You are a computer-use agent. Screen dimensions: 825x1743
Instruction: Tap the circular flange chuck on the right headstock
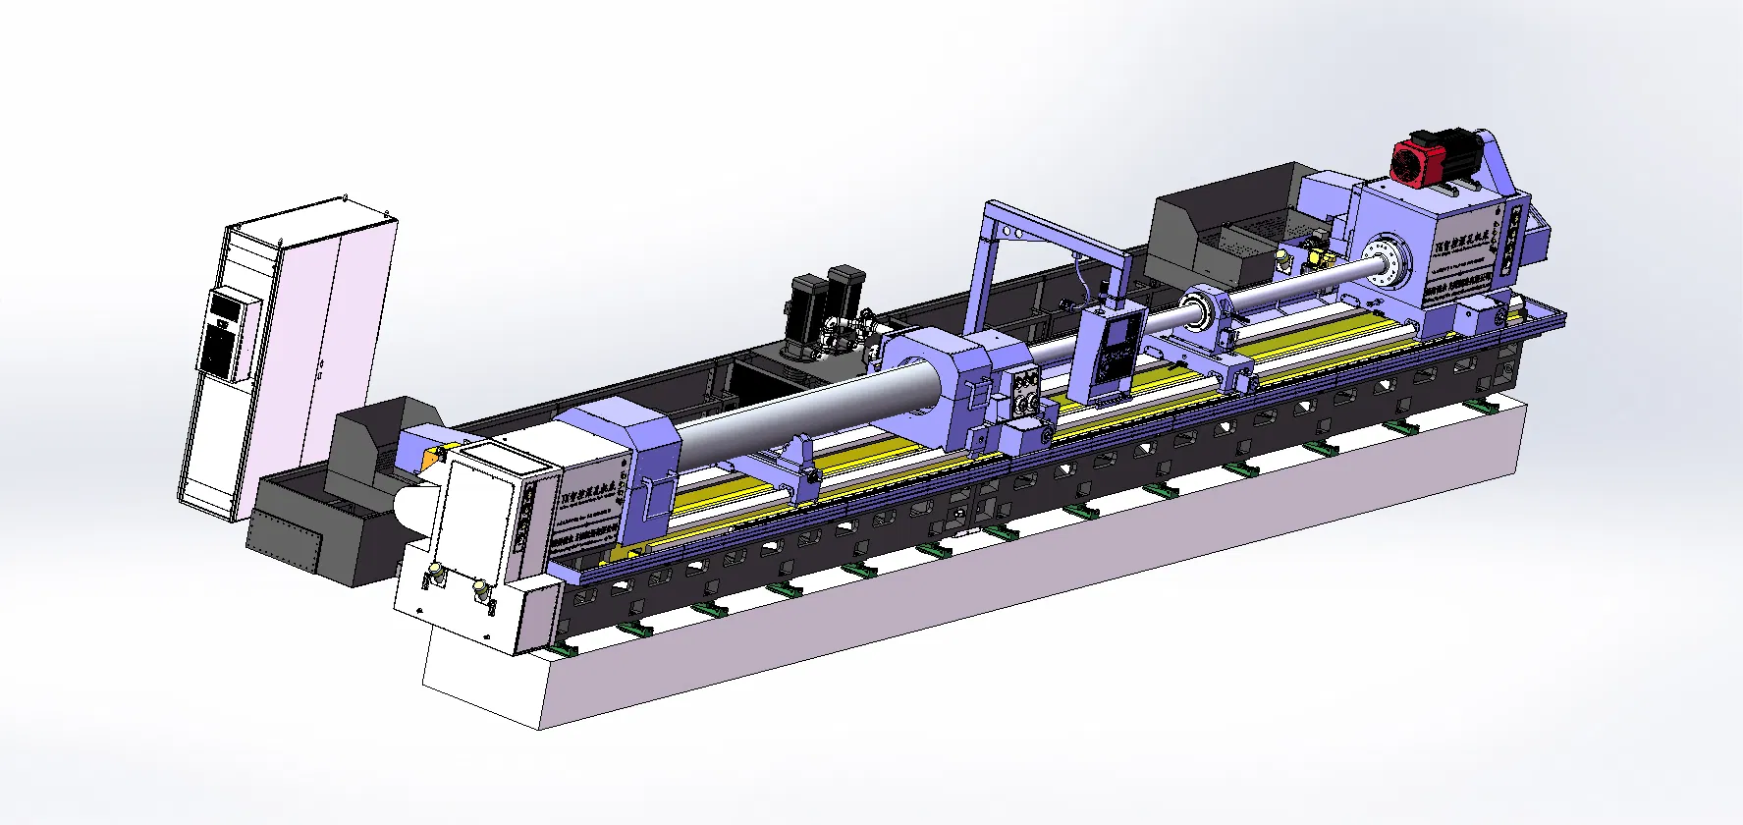click(x=1387, y=260)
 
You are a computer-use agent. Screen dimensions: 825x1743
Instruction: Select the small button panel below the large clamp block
click(x=1025, y=394)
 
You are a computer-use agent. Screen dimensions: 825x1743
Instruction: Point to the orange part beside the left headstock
click(x=429, y=459)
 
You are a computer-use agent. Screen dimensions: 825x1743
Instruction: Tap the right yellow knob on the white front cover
click(x=480, y=589)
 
